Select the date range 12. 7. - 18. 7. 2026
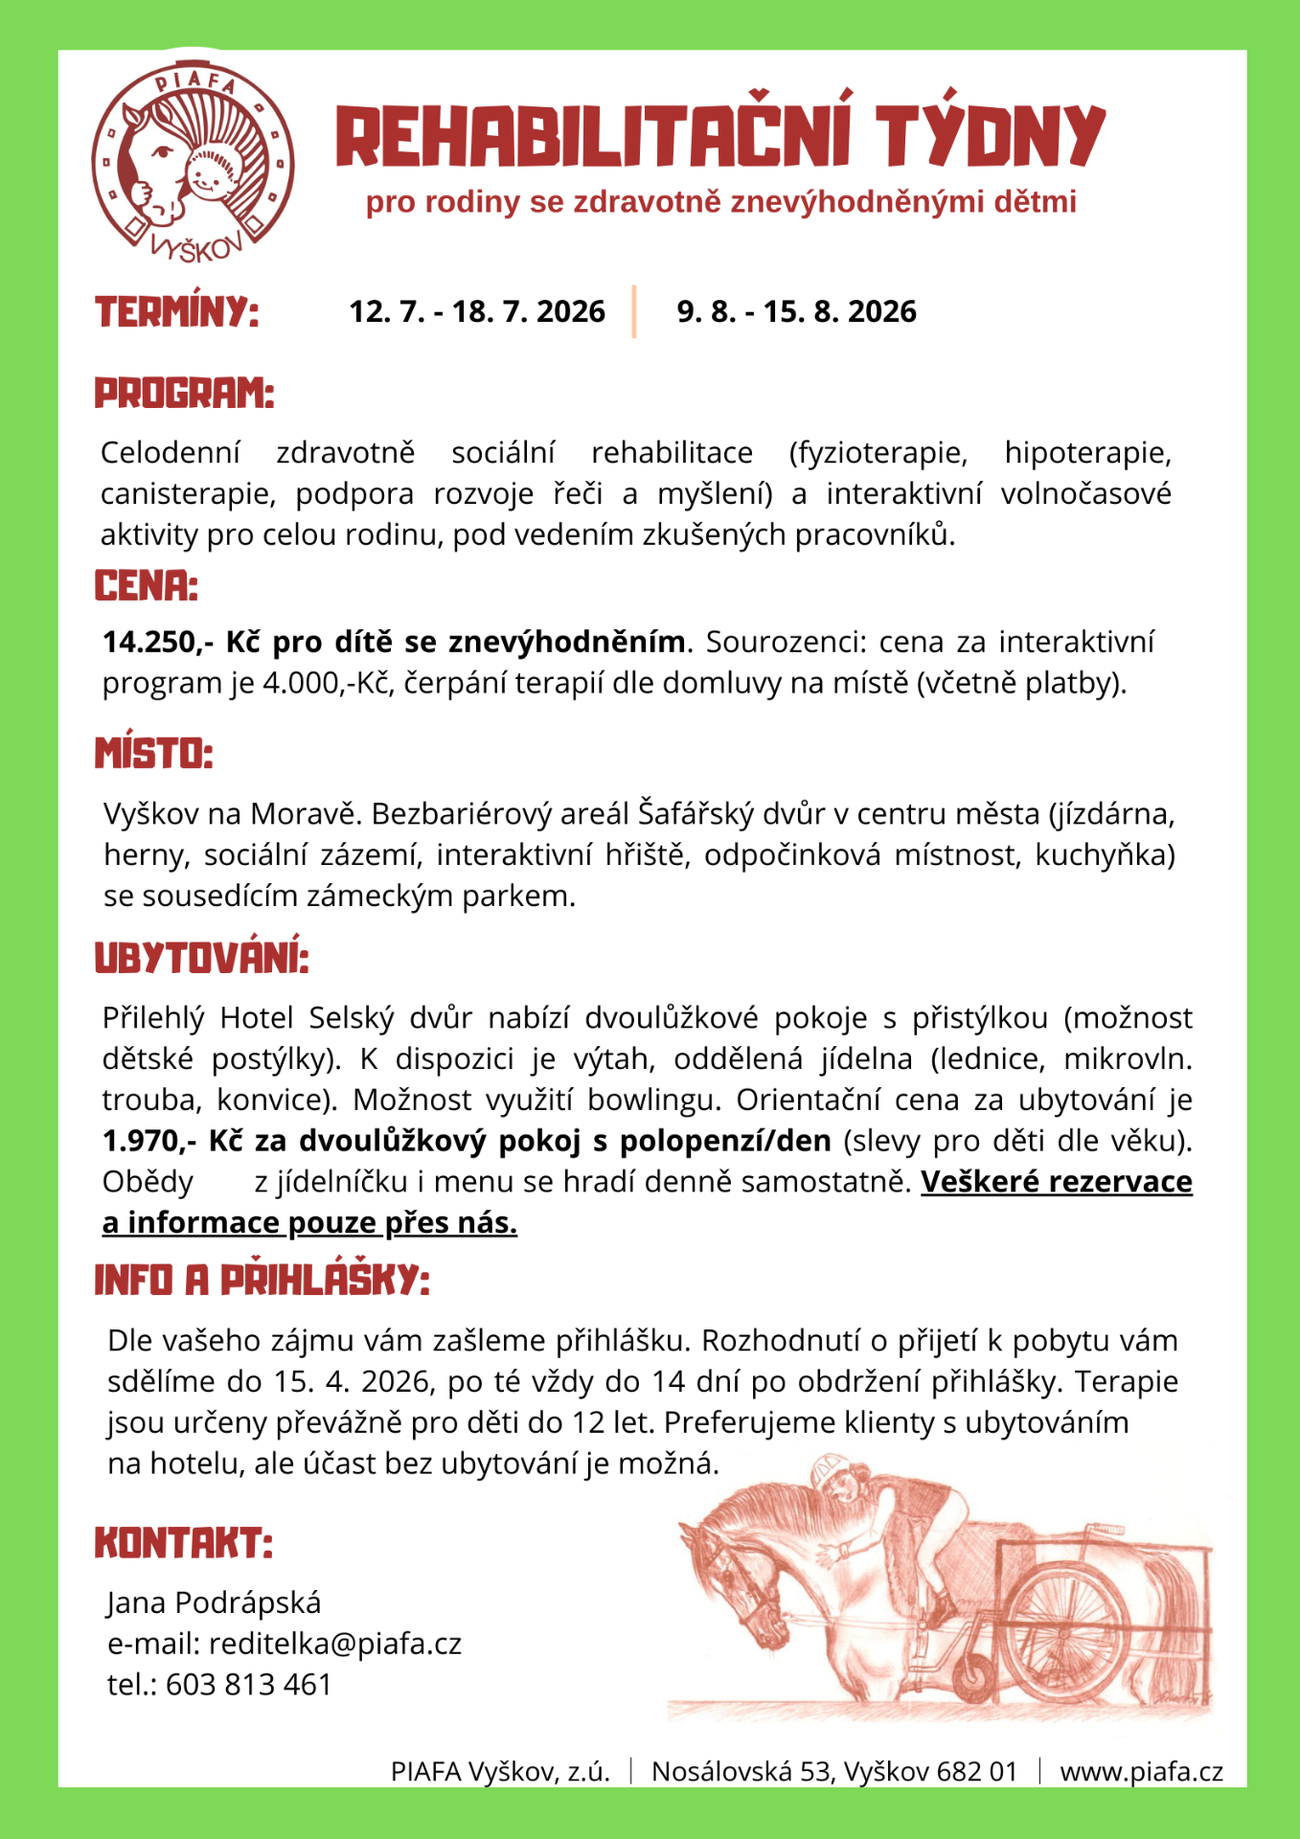477,312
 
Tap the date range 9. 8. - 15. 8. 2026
796,312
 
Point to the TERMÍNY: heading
177,312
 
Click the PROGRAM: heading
184,394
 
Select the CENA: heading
146,586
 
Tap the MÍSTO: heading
153,754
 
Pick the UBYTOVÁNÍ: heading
201,958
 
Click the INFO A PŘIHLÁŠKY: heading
262,1281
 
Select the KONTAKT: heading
183,1544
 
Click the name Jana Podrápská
214,1602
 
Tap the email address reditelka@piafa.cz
335,1644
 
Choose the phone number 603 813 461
248,1685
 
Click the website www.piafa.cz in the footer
1141,1772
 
